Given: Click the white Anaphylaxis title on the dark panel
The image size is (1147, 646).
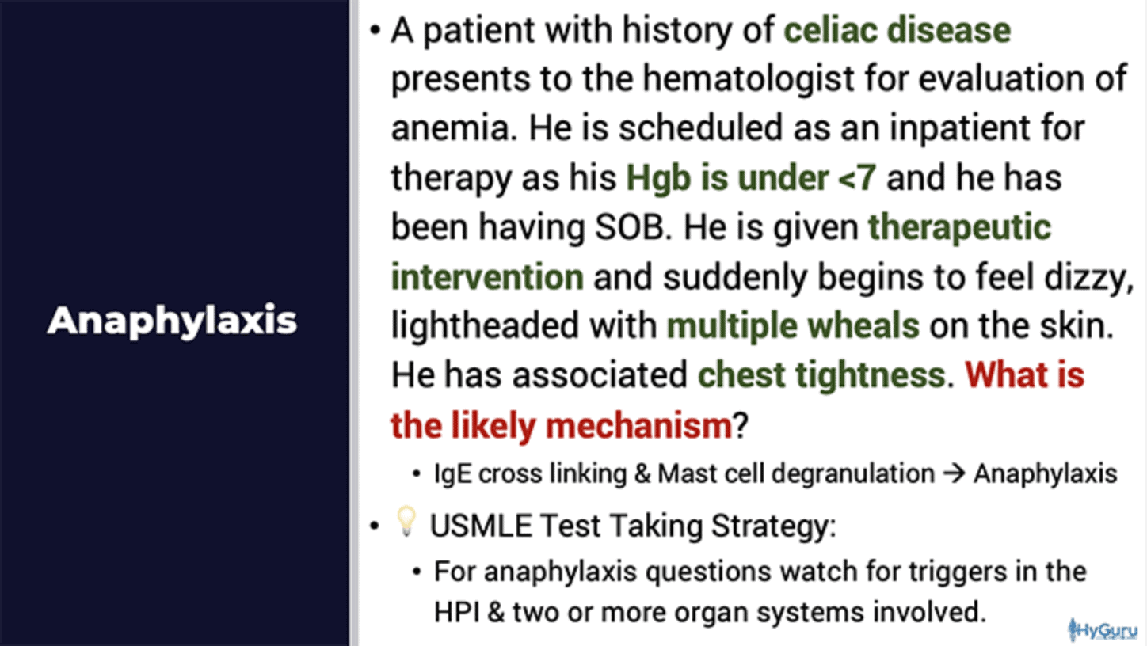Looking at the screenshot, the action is (172, 321).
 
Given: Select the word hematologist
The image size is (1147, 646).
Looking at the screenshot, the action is (749, 79).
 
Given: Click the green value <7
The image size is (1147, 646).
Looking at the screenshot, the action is (856, 177).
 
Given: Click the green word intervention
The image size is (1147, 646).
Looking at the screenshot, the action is (487, 277).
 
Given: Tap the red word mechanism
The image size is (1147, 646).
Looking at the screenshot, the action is (639, 425).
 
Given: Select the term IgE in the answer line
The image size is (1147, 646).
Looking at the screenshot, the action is (452, 474).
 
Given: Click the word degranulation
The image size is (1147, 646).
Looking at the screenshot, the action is (853, 474).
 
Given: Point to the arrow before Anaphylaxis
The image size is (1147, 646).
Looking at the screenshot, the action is (954, 473).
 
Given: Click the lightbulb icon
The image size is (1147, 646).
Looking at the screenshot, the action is (406, 522).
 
